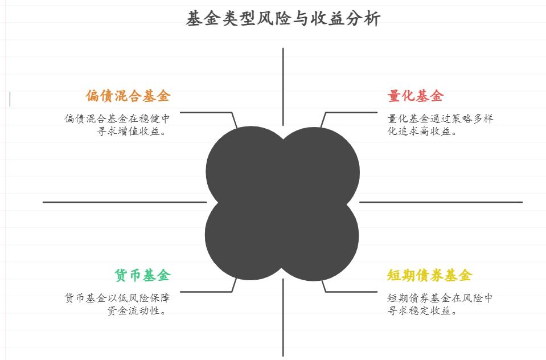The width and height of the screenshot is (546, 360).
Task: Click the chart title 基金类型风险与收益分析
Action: pos(283,19)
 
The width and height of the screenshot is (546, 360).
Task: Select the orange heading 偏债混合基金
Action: pos(128,96)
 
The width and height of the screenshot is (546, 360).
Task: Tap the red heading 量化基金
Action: pos(415,96)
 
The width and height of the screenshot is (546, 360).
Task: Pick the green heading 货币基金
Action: pos(142,276)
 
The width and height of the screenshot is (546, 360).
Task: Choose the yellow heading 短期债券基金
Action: pos(429,276)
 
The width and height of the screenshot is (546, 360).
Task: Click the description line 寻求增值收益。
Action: pos(133,132)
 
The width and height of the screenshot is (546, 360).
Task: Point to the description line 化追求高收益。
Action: pos(422,132)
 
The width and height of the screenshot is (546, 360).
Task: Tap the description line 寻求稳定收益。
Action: pos(422,311)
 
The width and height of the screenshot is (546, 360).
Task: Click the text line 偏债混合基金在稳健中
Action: pos(117,118)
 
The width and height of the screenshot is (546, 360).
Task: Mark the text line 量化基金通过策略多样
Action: pos(440,118)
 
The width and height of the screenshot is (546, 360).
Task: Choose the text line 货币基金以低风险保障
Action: pos(117,298)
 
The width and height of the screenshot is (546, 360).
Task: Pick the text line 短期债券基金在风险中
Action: pos(440,298)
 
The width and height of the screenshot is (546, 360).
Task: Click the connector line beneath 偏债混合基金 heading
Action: pos(205,112)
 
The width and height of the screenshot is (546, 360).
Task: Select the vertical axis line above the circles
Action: pos(283,85)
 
